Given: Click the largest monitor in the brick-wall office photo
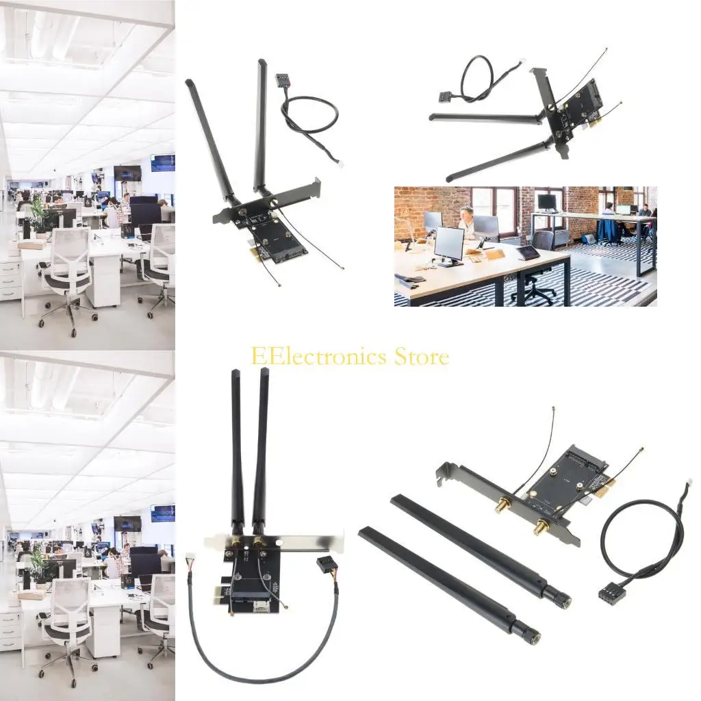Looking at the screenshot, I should (x=449, y=243).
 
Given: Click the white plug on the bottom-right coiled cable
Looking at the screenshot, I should (x=687, y=483).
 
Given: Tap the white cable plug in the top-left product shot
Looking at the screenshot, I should (x=340, y=164).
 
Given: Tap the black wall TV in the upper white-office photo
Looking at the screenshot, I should (x=127, y=173).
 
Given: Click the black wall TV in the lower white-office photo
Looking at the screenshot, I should (x=127, y=524).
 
